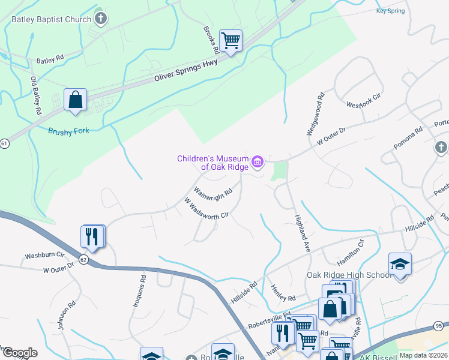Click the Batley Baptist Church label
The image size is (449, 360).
click(50, 19)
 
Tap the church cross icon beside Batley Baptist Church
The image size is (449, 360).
click(100, 18)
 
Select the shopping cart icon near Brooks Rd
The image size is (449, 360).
click(231, 41)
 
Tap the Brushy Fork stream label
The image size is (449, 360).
click(68, 131)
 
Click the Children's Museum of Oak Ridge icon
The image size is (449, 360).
click(258, 161)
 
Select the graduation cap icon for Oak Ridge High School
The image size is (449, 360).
click(400, 263)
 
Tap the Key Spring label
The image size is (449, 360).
click(390, 11)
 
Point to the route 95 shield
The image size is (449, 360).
click(440, 326)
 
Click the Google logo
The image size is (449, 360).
click(19, 353)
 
